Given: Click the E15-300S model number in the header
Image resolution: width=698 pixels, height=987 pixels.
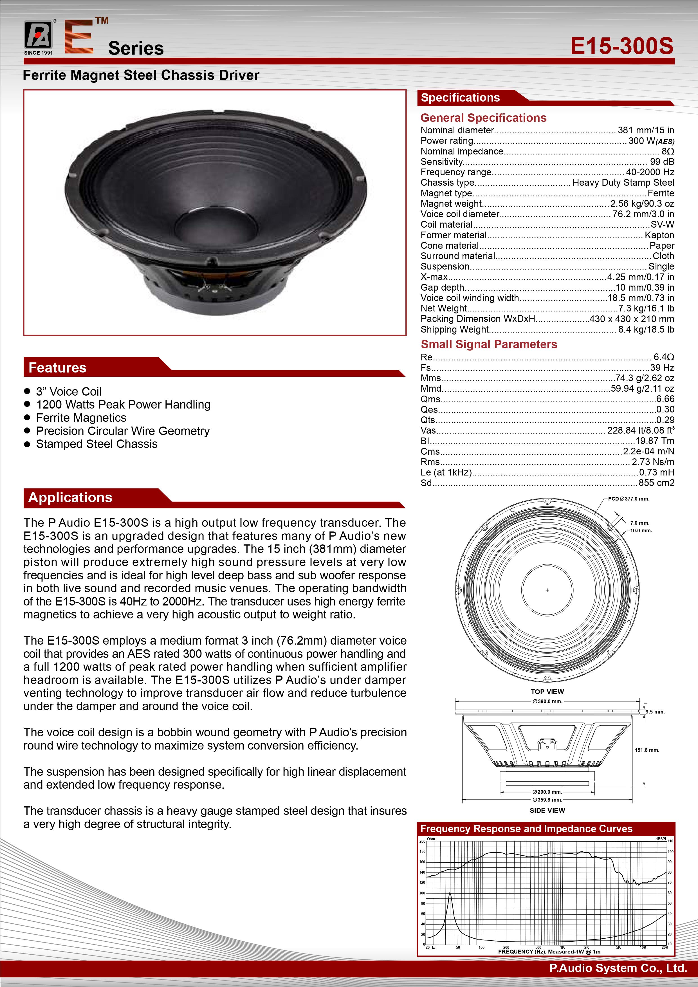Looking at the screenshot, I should pos(621,46).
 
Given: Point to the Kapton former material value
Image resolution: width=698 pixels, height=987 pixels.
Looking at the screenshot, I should pos(659,235).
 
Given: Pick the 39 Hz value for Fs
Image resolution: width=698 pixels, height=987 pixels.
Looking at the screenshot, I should pos(662,367).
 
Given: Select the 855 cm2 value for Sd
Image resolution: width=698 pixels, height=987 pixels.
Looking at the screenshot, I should pos(656,483).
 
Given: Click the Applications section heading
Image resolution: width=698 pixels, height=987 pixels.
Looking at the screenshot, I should pos(70,497).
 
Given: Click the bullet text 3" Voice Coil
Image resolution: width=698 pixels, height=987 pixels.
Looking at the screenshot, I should pos(69,392).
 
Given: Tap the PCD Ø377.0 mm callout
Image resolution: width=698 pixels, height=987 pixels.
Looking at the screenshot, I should pos(629,499).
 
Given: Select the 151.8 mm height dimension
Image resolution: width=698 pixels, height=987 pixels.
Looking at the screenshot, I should pos(647,750).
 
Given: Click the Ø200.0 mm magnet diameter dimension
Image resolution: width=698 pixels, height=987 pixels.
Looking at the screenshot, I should pos(547,792).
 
